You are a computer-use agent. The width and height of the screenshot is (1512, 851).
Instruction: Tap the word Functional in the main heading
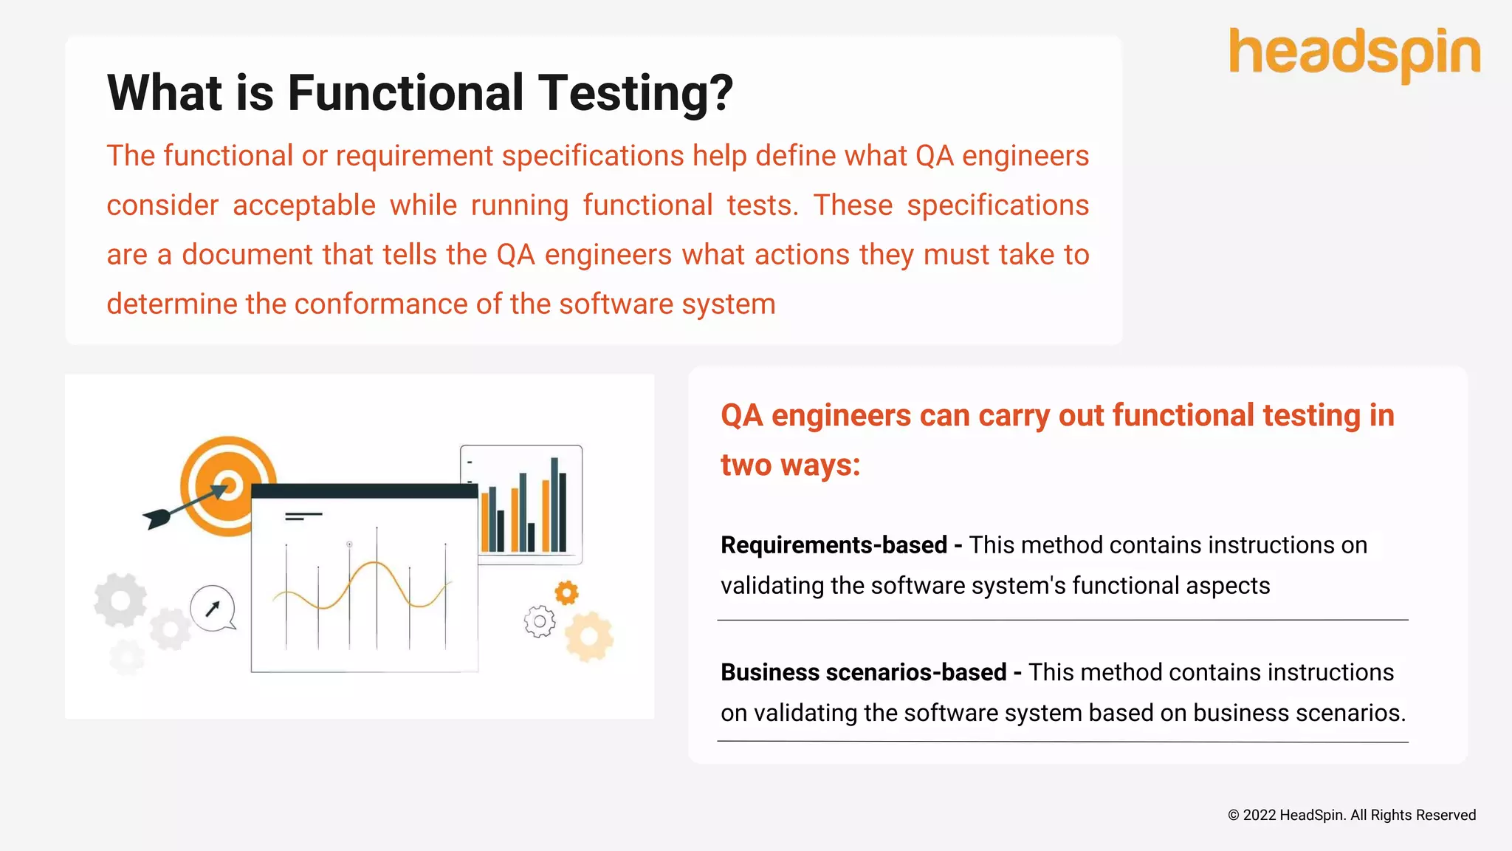(405, 94)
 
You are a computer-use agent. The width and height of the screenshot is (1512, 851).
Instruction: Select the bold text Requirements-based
(834, 545)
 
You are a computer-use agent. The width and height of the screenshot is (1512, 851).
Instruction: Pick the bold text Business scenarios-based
(863, 672)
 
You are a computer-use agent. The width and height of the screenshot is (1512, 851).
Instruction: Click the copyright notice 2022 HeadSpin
(1351, 815)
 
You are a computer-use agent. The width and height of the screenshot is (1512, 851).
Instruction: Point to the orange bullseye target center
(229, 486)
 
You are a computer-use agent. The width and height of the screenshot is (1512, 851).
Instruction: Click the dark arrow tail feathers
(157, 518)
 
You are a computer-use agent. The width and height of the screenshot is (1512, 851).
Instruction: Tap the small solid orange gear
(566, 592)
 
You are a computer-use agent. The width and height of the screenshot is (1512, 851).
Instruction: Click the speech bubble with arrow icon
(213, 608)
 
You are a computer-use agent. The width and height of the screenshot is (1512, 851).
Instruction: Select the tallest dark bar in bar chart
(554, 504)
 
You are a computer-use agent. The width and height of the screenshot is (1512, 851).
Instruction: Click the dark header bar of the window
(364, 491)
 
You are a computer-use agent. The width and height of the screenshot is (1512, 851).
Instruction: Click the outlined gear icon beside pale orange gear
(540, 621)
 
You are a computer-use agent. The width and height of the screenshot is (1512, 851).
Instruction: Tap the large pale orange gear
(589, 636)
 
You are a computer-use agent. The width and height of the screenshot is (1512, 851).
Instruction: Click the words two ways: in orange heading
(790, 465)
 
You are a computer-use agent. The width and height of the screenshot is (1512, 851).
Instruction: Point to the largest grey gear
(120, 600)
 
